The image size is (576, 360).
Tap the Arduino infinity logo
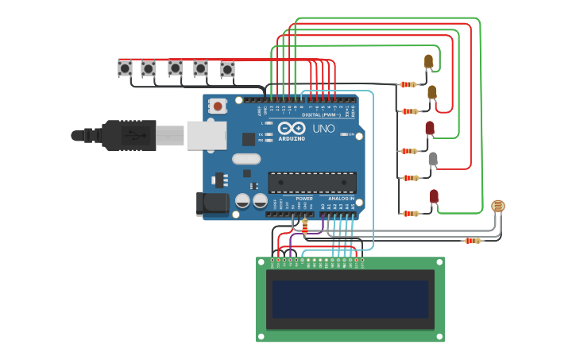pos(292,129)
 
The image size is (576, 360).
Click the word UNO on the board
pos(323,129)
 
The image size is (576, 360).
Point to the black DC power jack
pos(212,203)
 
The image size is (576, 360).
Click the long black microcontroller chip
pos(311,182)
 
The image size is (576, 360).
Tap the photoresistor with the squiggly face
pos(498,207)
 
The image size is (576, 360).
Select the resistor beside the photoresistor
pos(472,240)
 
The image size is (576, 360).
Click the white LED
pos(433,159)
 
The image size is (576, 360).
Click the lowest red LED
pos(434,195)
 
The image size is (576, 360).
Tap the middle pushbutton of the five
pos(175,68)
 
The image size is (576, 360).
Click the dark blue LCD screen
pos(350,299)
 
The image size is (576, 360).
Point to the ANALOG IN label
pos(341,199)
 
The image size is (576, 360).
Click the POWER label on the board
pos(304,199)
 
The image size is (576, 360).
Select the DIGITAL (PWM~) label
pos(321,115)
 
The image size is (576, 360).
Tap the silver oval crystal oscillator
pos(246,158)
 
